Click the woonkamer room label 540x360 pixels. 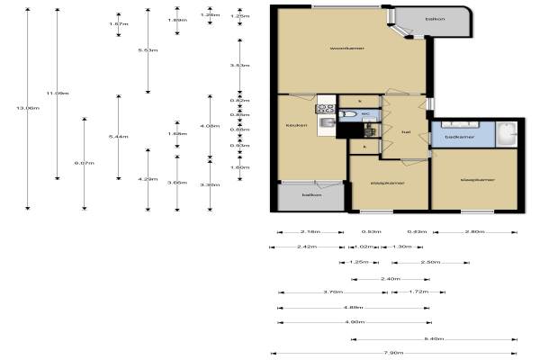pos(346,48)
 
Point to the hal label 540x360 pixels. pos(393,133)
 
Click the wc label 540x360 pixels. pos(366,114)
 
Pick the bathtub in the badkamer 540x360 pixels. pos(507,135)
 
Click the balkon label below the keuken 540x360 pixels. pos(311,194)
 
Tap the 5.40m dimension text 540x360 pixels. pos(434,338)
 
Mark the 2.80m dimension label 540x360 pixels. pos(474,232)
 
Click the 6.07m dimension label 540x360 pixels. pos(84,163)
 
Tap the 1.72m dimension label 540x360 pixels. pos(417,292)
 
